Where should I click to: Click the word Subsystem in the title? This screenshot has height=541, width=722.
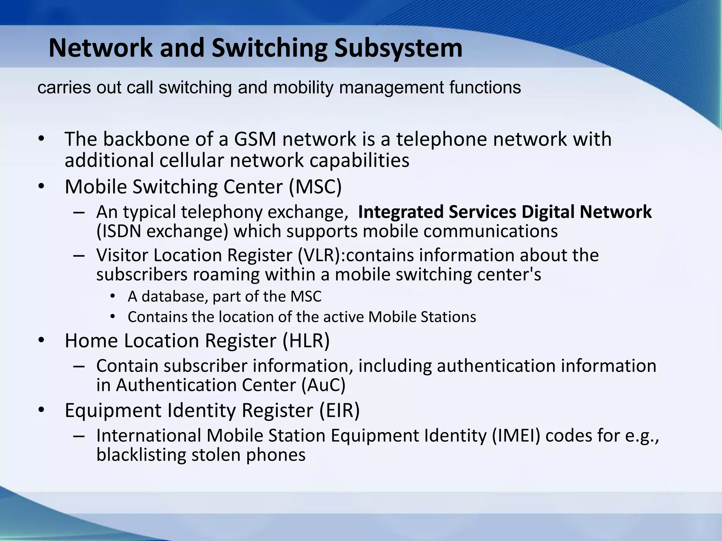tap(398, 48)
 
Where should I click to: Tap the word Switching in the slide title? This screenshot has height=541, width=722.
tap(269, 48)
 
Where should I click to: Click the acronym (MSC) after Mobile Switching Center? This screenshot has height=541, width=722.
tap(315, 187)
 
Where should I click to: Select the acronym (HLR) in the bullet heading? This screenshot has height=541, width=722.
tap(306, 341)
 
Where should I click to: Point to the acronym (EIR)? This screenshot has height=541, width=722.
tap(339, 410)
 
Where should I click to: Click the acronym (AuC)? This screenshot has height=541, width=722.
tap(323, 385)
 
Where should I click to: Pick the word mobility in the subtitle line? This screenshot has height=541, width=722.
tap(303, 88)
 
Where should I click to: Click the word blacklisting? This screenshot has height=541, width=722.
tap(141, 455)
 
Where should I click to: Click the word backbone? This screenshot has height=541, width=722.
tap(146, 139)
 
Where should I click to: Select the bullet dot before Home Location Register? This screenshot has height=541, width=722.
tap(41, 341)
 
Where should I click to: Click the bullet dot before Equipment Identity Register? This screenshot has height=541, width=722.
tap(41, 410)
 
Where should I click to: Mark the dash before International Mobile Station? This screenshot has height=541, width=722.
tap(79, 436)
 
